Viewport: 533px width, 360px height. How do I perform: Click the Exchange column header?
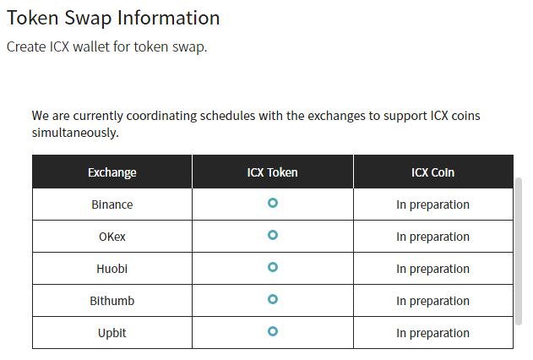(x=112, y=172)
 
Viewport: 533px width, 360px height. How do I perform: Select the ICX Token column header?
(x=272, y=172)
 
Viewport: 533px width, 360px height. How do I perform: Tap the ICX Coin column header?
(x=432, y=172)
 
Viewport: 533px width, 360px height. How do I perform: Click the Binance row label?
(x=112, y=205)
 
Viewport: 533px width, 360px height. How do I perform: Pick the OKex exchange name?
(x=112, y=237)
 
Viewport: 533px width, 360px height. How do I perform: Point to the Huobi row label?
(x=112, y=269)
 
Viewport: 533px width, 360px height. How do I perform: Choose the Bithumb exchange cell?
(x=112, y=301)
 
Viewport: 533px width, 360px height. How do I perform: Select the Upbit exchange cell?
(x=112, y=333)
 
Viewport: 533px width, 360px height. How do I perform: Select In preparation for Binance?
(x=432, y=205)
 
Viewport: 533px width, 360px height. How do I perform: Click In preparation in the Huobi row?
(x=432, y=270)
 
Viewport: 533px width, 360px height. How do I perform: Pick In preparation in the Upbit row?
(x=432, y=334)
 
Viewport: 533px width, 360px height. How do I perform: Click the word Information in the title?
(x=169, y=18)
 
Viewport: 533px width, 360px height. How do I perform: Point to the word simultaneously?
(x=75, y=133)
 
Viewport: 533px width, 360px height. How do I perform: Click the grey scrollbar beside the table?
(x=519, y=252)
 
